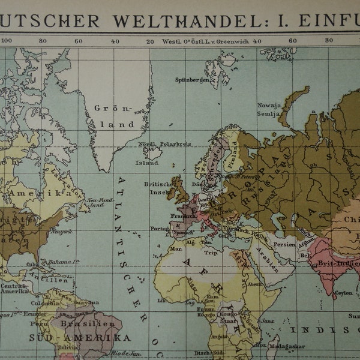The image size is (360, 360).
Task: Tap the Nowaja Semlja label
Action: [268, 110]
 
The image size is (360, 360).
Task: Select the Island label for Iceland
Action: [147, 162]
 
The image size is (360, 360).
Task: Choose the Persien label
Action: [284, 244]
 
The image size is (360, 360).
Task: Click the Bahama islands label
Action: [65, 262]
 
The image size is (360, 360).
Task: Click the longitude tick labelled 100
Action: [6, 41]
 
